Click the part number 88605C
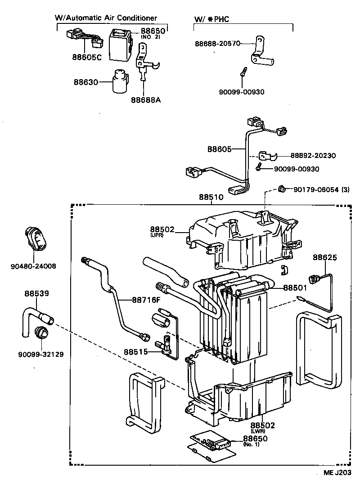87,57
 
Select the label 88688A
146,99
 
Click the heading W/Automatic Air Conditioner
106,18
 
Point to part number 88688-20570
218,44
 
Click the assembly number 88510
211,197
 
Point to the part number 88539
36,293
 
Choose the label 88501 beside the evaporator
295,287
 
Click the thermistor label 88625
325,257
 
